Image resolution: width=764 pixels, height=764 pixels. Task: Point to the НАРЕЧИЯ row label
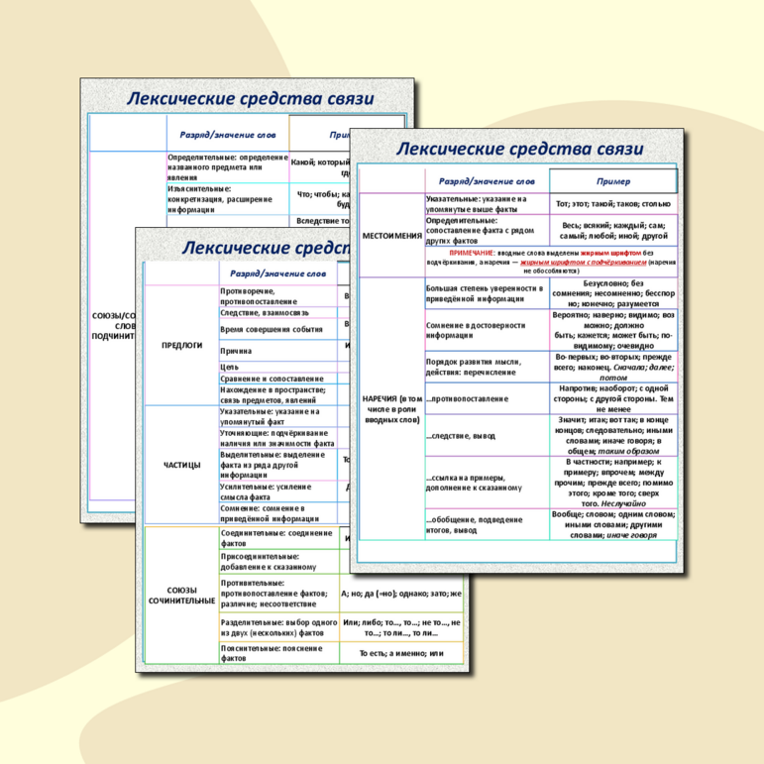391,405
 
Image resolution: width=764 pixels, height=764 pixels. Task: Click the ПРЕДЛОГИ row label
182,346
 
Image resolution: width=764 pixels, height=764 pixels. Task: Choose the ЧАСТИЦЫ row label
182,464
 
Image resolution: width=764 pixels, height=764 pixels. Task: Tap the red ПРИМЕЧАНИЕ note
551,261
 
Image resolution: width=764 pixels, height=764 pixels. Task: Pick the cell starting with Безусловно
614,294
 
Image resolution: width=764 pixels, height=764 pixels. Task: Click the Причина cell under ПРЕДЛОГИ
237,351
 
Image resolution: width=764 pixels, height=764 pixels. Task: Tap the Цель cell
230,367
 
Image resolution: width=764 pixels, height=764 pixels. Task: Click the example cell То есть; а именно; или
400,654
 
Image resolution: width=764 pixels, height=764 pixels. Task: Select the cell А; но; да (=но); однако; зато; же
400,594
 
